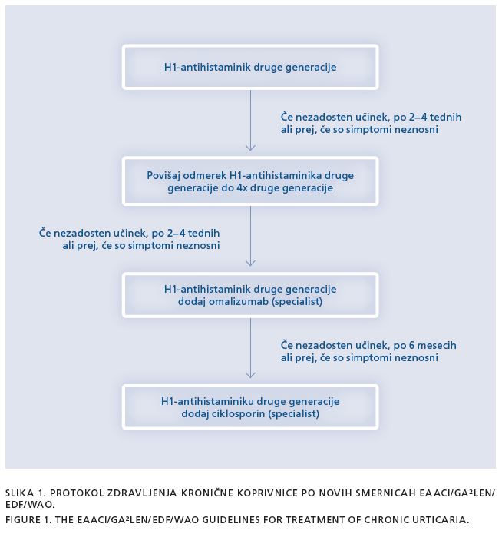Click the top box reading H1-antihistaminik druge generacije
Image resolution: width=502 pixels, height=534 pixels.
pyautogui.click(x=250, y=67)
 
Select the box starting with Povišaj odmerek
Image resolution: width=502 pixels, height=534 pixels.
pyautogui.click(x=250, y=181)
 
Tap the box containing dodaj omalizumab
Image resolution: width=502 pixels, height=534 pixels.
pyautogui.click(x=250, y=295)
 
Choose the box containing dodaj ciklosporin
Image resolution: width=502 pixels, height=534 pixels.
pyautogui.click(x=250, y=407)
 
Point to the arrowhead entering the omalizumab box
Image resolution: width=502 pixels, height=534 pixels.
pyautogui.click(x=250, y=263)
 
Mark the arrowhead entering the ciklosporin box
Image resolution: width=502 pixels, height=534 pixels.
pyautogui.click(x=250, y=375)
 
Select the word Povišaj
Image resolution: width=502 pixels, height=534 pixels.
pyautogui.click(x=163, y=176)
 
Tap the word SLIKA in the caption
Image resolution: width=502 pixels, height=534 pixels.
pyautogui.click(x=20, y=493)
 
